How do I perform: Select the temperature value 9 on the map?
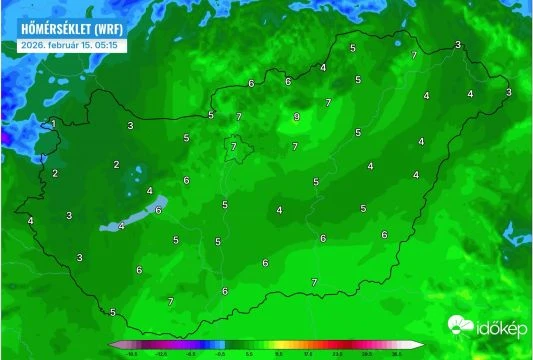296,118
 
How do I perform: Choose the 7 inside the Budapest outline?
234,147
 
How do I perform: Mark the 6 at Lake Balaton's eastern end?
158,210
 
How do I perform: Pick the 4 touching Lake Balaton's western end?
121,226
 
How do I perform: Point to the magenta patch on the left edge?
3,134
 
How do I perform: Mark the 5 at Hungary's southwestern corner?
113,312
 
